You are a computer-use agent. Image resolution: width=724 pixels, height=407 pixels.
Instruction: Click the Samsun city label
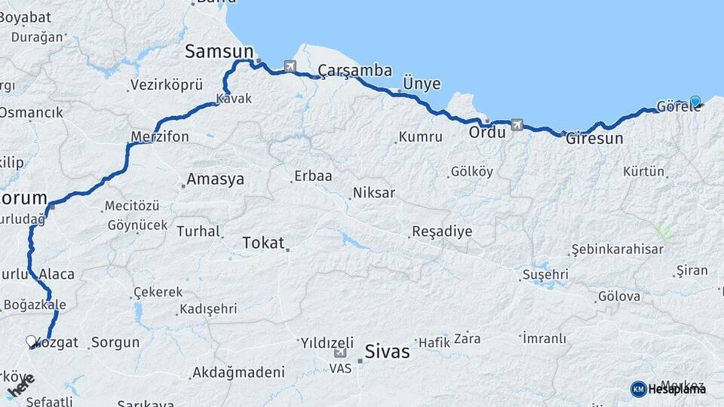point(219,51)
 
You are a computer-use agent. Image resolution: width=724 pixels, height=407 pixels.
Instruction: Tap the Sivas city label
point(387,351)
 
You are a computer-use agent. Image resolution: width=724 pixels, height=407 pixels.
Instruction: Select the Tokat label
point(263,243)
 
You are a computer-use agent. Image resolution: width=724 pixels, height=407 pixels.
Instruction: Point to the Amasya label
point(215,179)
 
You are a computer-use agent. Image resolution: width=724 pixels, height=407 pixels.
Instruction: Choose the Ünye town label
point(422,84)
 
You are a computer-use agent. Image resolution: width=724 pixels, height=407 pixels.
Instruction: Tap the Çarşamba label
point(354,71)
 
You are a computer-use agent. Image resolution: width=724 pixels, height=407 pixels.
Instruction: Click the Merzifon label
point(159,137)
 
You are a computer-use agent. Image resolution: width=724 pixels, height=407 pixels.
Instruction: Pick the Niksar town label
point(373,193)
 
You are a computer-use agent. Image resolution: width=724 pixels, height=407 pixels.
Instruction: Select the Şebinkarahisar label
point(617,249)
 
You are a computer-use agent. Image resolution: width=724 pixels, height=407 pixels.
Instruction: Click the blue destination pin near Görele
point(695,101)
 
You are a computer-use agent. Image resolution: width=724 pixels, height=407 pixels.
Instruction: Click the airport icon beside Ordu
point(517,124)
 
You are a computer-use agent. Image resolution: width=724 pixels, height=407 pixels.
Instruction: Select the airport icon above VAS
point(340,353)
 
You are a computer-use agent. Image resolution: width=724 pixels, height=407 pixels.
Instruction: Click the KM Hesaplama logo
point(668,389)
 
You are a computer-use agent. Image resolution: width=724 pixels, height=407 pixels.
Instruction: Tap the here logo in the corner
point(20,387)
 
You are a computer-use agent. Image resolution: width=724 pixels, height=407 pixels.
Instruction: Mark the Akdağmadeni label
point(238,372)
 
